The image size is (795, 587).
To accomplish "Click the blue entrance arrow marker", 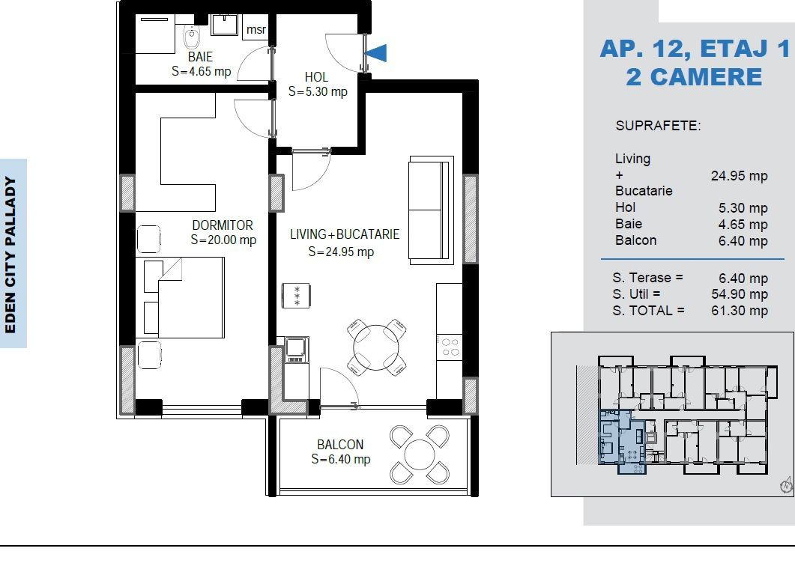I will coord(377,53).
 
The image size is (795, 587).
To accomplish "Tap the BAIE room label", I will coord(200,57).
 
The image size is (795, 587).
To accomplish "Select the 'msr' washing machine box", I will coord(256,30).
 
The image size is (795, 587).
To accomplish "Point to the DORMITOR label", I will coord(223,225).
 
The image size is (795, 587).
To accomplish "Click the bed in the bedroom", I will coord(184,297).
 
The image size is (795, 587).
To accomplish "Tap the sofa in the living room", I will coord(431,210).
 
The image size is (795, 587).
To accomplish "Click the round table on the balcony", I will coord(419,454).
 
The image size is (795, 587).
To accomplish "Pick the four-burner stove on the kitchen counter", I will coord(450,347).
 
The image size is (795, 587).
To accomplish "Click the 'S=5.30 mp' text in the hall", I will coord(318,92).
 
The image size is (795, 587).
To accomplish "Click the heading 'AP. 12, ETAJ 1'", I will coord(695,49).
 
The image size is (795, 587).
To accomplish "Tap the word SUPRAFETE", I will coord(658,126).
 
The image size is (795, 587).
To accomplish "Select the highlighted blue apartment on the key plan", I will coord(620,442).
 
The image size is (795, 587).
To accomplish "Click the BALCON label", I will coord(340,445).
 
